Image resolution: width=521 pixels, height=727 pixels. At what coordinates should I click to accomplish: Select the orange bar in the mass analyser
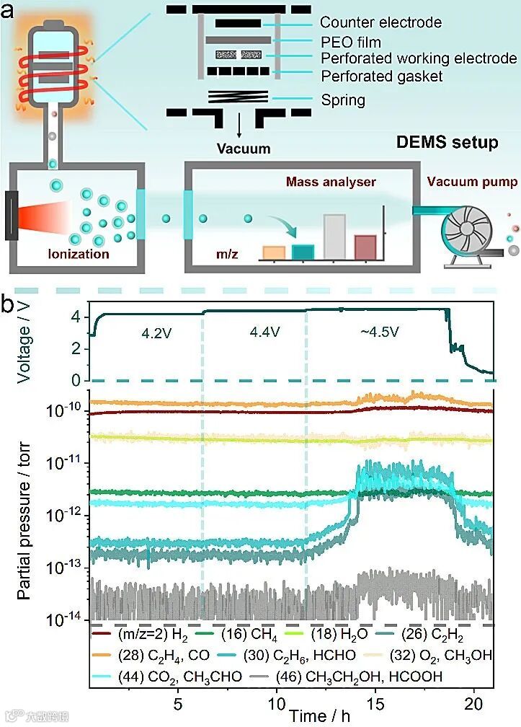(275, 252)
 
